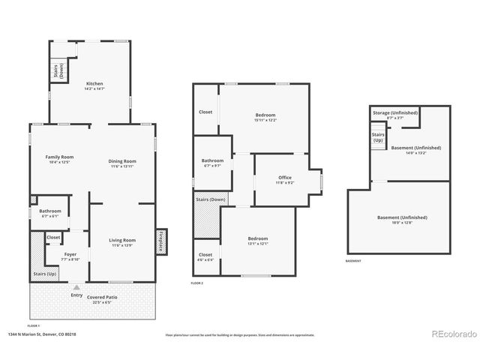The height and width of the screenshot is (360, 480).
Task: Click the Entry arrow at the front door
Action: (x=76, y=286)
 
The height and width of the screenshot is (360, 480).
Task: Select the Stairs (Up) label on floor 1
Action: (x=45, y=274)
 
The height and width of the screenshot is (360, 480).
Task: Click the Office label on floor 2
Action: (x=284, y=178)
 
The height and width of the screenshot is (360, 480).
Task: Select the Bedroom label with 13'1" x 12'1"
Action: (x=258, y=239)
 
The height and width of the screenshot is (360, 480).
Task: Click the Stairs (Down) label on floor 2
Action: (x=211, y=199)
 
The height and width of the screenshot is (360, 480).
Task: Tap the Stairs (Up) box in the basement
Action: (x=378, y=136)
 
